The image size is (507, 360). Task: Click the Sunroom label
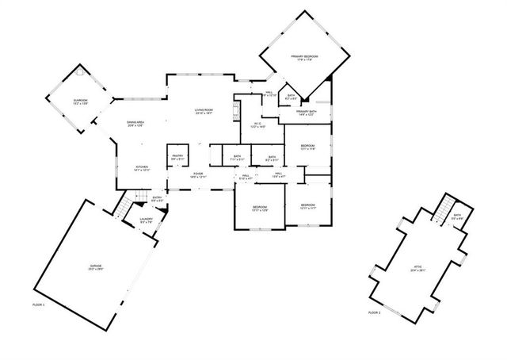81,100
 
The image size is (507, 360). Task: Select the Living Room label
205,110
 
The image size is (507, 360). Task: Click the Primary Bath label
307,112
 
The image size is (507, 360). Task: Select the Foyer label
198,173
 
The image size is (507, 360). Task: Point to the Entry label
157,197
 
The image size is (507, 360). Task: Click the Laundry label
147,219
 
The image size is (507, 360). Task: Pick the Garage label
96,266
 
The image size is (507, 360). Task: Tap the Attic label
417,267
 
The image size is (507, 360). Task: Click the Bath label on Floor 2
457,215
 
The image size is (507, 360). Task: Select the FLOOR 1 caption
39,304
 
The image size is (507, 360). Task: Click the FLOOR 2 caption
374,313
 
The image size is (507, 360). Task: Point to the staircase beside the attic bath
440,209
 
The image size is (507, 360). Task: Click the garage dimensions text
96,270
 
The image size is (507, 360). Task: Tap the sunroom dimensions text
81,104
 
